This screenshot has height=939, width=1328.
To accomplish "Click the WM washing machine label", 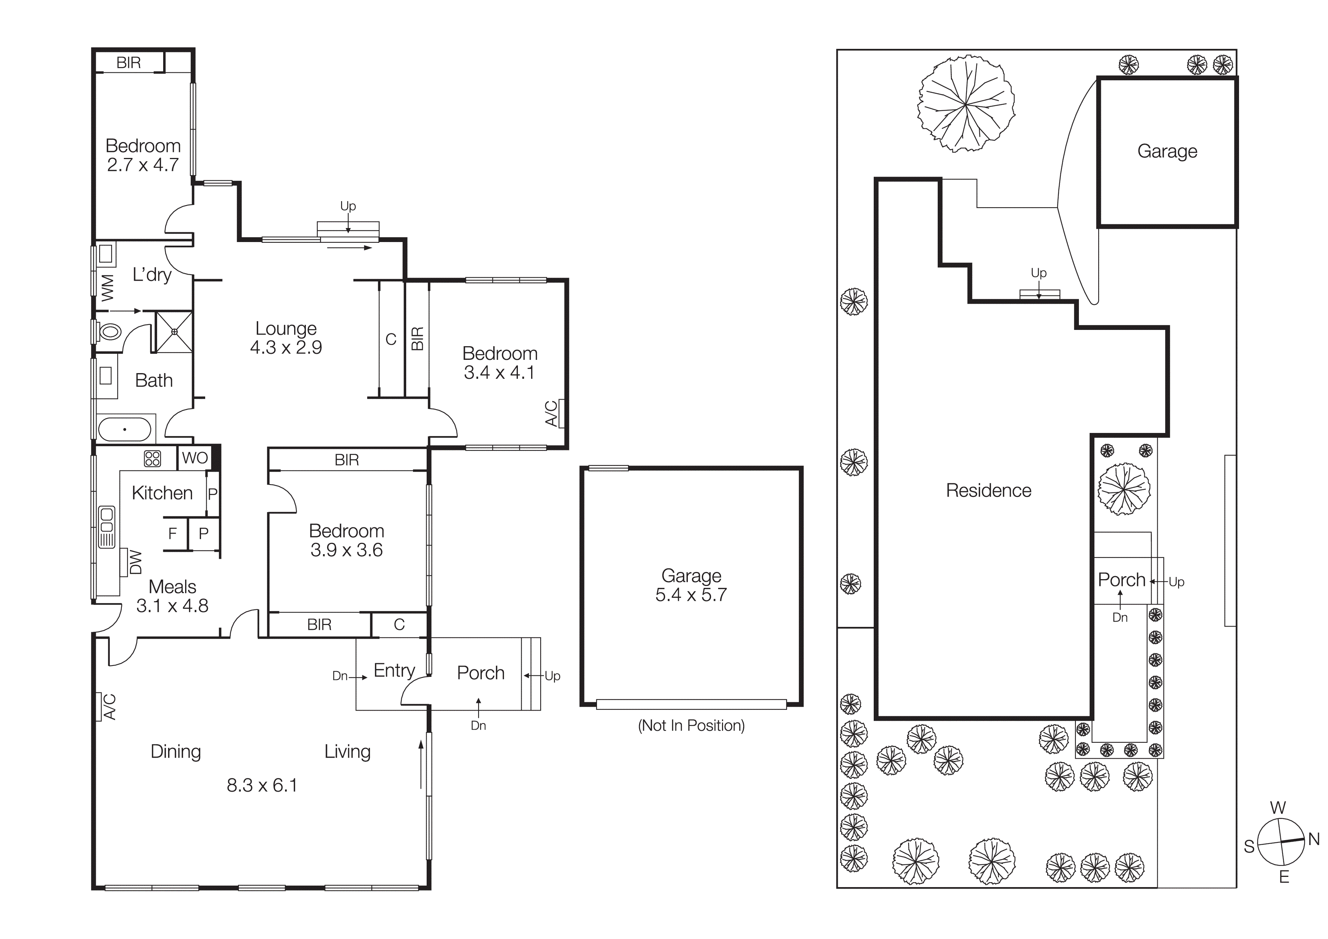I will pos(108,287).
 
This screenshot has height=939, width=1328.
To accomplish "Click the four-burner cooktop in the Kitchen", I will pos(152,459).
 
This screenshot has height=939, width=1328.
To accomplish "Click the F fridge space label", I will pos(172,533).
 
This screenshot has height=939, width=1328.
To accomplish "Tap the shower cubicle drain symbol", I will pos(174,331).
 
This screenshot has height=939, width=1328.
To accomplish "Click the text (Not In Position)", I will pos(691,725).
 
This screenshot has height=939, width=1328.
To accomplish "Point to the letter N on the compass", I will pos(1314,839).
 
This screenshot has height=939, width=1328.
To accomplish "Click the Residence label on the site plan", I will pos(988,491).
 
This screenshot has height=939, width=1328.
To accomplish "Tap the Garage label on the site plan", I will pos(1167,151).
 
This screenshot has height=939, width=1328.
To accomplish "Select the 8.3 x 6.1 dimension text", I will pos(262,785).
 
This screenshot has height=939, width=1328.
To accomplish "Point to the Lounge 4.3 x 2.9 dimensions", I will pos(286,347).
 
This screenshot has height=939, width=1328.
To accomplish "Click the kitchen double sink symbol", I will pos(107,527).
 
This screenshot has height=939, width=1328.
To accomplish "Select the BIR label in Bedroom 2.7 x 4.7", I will pos(128,62).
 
